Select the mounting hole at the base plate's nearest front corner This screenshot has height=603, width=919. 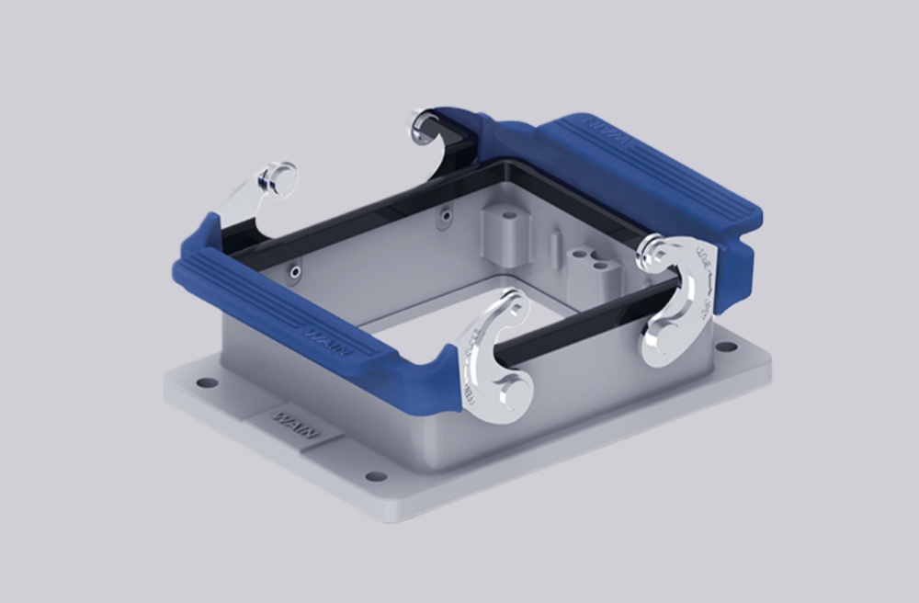click(x=376, y=476)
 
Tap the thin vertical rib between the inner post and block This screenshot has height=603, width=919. click(x=554, y=246)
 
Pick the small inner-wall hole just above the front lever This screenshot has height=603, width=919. click(x=295, y=271)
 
